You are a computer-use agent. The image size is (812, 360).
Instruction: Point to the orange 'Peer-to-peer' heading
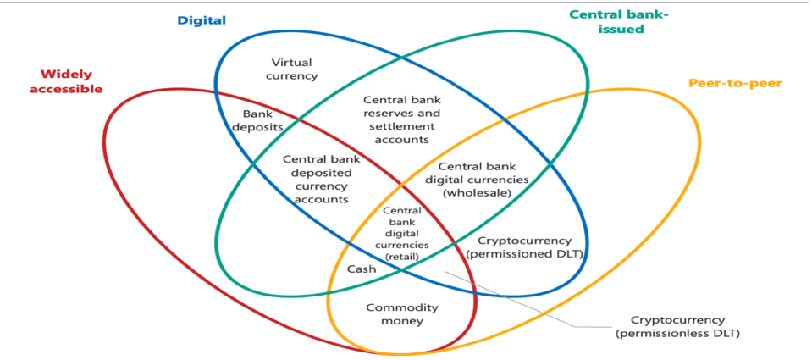pos(734,83)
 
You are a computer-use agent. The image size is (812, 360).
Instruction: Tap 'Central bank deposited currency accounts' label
pos(316,179)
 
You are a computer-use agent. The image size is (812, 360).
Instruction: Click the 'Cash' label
pos(362,269)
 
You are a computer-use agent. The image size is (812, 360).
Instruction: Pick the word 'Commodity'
pos(402,307)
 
